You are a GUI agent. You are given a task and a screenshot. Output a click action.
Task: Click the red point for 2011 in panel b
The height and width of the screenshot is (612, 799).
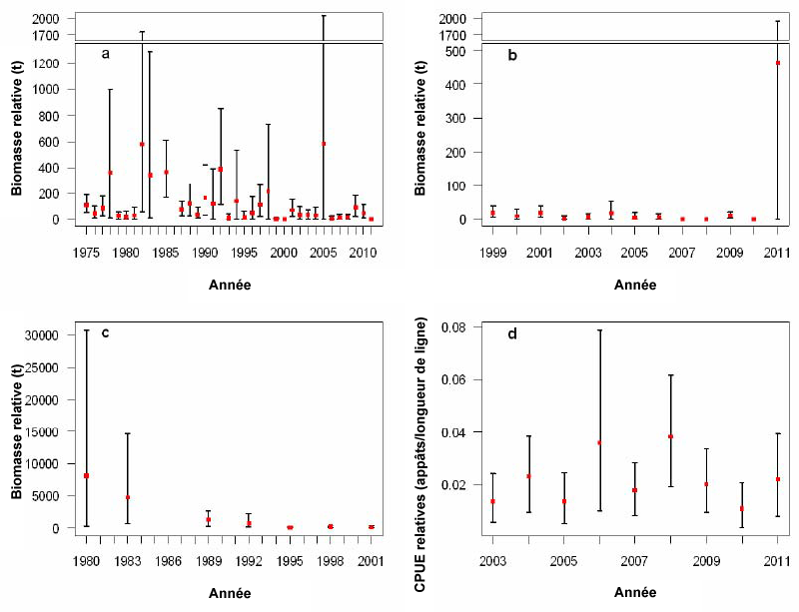click(x=777, y=63)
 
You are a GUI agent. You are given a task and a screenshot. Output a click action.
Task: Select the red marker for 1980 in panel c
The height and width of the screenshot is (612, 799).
click(x=86, y=476)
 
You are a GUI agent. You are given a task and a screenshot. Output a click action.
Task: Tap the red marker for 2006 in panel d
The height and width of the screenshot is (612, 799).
click(x=599, y=442)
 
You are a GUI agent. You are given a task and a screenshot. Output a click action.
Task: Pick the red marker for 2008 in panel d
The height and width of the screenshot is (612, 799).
click(x=671, y=436)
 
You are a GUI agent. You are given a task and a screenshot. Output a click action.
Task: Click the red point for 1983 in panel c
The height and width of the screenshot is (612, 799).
click(x=127, y=497)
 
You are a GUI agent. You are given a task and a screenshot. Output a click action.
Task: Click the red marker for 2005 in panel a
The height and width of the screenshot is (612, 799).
click(x=324, y=143)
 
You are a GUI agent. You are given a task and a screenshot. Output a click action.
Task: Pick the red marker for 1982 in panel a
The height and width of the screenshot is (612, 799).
click(x=142, y=144)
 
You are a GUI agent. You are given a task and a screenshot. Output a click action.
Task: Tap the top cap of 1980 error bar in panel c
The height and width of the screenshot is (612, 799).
click(x=86, y=329)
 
